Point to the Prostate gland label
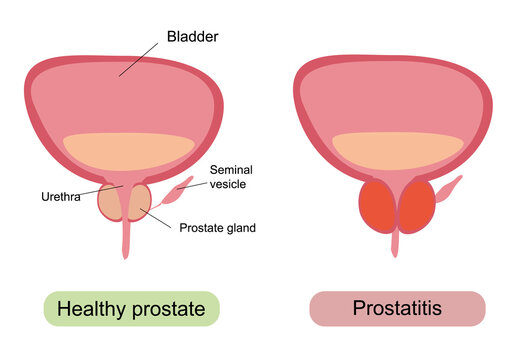tap(217, 228)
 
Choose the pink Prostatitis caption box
tap(397, 309)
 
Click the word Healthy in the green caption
tap(91, 309)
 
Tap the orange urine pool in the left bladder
tap(125, 150)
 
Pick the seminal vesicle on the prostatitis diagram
tap(449, 188)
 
